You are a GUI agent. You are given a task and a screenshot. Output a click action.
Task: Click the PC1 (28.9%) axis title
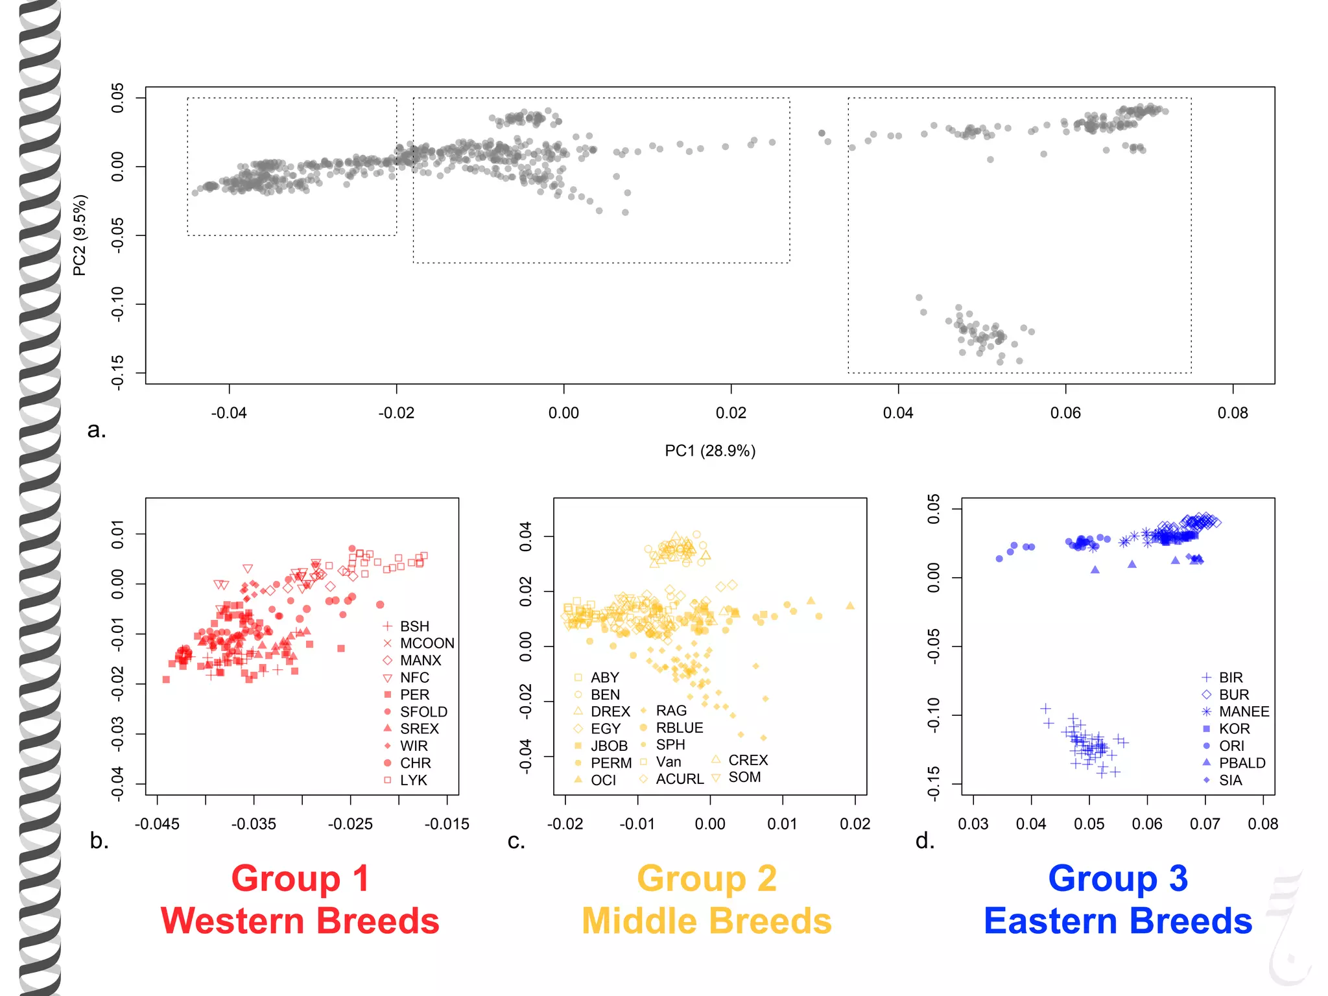(x=710, y=451)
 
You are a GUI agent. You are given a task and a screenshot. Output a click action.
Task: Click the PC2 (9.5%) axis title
(x=79, y=235)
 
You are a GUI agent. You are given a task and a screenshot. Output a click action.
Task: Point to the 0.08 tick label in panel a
(x=1232, y=413)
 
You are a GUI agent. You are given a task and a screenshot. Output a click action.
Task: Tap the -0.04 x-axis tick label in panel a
(x=229, y=413)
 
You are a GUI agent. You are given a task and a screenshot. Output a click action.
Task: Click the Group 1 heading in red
(x=300, y=879)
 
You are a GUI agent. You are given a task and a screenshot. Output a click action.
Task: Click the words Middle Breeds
(x=706, y=921)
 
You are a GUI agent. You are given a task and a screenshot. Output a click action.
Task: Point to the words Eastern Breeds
(x=1117, y=921)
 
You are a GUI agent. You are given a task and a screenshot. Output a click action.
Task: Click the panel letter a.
(x=96, y=430)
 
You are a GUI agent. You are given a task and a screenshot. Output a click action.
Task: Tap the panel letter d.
(x=924, y=841)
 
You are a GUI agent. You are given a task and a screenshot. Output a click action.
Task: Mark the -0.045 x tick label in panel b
(x=157, y=824)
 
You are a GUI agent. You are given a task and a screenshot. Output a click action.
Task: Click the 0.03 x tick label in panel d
(x=973, y=824)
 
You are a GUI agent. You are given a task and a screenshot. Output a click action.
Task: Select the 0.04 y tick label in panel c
(x=525, y=536)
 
